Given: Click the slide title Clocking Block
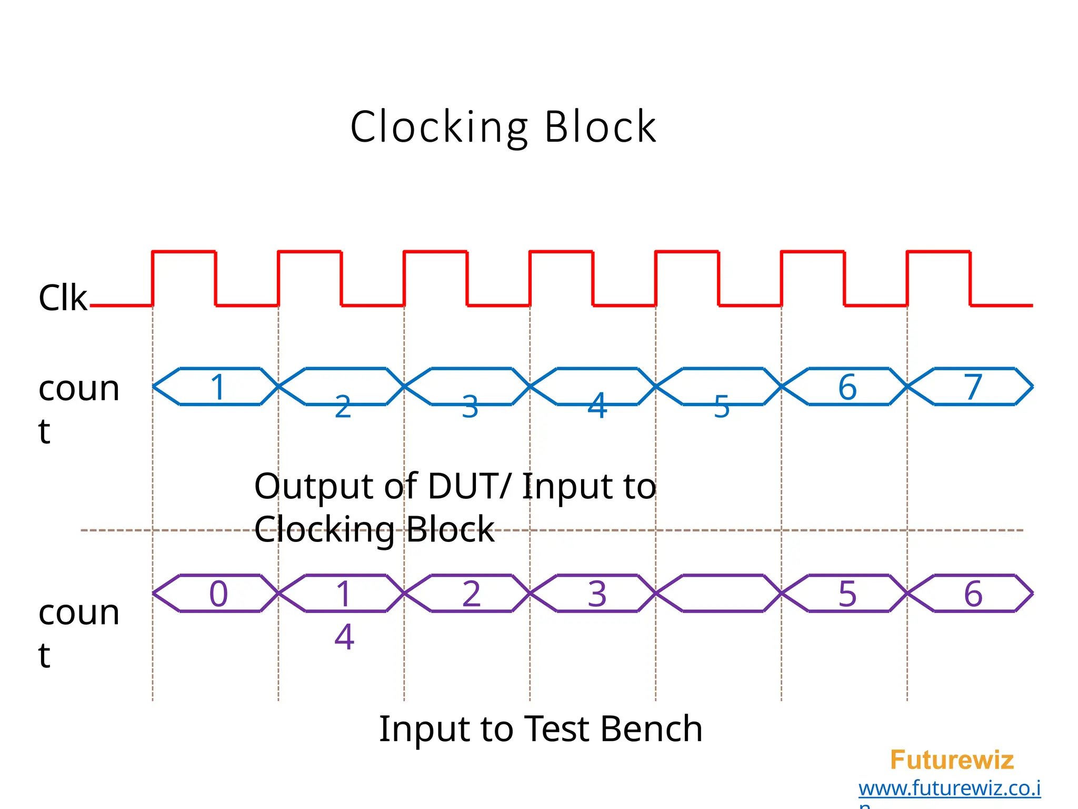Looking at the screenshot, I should tap(503, 127).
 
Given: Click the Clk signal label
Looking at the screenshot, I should tap(63, 298).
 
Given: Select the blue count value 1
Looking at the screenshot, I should tap(218, 387).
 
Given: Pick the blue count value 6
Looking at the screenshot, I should tap(847, 387).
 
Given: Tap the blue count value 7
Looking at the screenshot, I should tap(973, 387).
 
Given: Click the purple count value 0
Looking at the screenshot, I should tap(218, 594).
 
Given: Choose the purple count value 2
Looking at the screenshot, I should tap(471, 594).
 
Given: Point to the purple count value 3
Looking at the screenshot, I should tap(597, 594).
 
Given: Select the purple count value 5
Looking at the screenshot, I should tap(847, 594).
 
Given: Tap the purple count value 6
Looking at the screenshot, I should tap(973, 594).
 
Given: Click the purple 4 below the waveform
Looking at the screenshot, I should tap(344, 637).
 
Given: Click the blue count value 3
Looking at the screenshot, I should tap(470, 407).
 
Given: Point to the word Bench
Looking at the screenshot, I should tap(651, 729).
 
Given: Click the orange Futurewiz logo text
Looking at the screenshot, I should tap(952, 760).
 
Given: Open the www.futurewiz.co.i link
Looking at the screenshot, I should tap(950, 788).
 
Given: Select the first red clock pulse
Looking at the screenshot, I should tap(184, 253).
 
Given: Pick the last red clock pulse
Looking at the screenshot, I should tap(939, 253).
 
